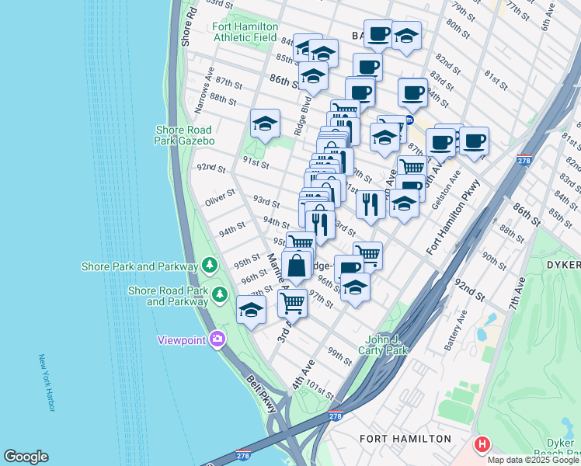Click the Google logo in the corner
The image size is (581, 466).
tap(26, 457)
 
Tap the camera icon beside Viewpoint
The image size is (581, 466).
tap(217, 339)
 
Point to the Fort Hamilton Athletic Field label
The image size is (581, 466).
tap(245, 32)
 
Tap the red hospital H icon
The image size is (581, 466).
tap(482, 445)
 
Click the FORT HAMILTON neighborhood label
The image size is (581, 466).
tap(405, 439)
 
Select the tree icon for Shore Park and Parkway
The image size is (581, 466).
tap(209, 266)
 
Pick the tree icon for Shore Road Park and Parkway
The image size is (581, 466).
tap(221, 295)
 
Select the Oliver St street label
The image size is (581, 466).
tap(220, 197)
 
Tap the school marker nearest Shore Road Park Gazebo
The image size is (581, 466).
tap(265, 123)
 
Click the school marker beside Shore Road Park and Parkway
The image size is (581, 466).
tap(251, 310)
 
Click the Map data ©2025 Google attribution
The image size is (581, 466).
tap(534, 460)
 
